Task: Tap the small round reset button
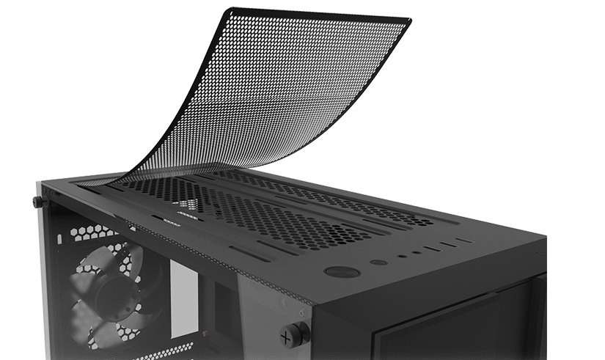coord(377,262)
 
